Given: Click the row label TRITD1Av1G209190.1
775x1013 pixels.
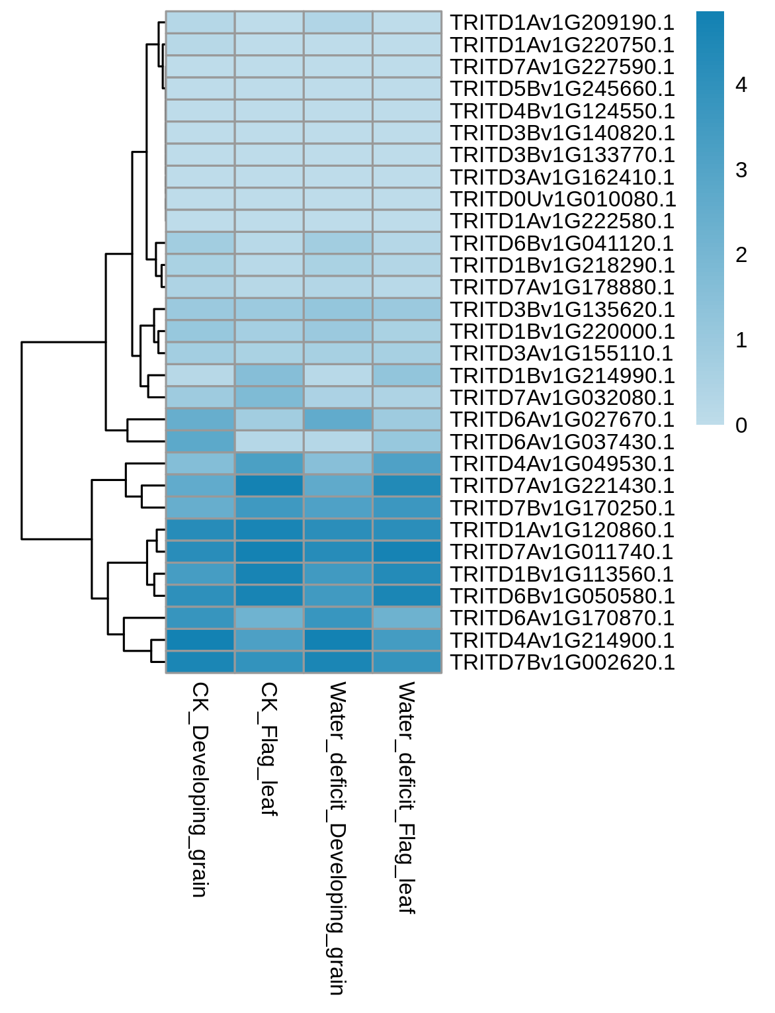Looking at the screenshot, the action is point(562,22).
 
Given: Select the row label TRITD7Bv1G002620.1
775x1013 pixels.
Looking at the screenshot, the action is point(562,662).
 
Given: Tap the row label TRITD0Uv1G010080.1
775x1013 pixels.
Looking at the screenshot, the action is point(563,199).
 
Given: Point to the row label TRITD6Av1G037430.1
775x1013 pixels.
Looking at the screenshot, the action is point(562,441).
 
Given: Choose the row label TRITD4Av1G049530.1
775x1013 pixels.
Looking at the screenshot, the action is point(562,464).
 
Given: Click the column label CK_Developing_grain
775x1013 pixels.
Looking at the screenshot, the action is point(200,789).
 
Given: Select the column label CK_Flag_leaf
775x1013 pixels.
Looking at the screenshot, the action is point(269,749).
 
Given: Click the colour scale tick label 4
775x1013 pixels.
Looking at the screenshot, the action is point(741,85).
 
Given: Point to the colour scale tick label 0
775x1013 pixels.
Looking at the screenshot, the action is point(741,425).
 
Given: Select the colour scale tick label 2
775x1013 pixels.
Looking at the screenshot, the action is point(741,255).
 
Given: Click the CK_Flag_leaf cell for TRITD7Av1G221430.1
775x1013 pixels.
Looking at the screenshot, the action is point(269,486).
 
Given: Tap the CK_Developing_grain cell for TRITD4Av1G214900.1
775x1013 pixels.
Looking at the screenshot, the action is point(200,640).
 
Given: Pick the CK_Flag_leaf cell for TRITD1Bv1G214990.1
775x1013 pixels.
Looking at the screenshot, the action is point(269,375).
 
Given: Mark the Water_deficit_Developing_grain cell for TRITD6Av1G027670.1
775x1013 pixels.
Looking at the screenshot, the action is point(338,419).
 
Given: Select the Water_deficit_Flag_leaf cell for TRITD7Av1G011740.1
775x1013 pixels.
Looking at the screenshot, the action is point(407,552).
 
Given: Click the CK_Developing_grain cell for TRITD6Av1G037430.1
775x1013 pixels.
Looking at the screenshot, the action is point(200,441).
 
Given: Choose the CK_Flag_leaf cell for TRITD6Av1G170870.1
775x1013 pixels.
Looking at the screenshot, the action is point(269,618).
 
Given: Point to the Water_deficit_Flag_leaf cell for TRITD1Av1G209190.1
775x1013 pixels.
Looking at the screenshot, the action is point(407,22).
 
